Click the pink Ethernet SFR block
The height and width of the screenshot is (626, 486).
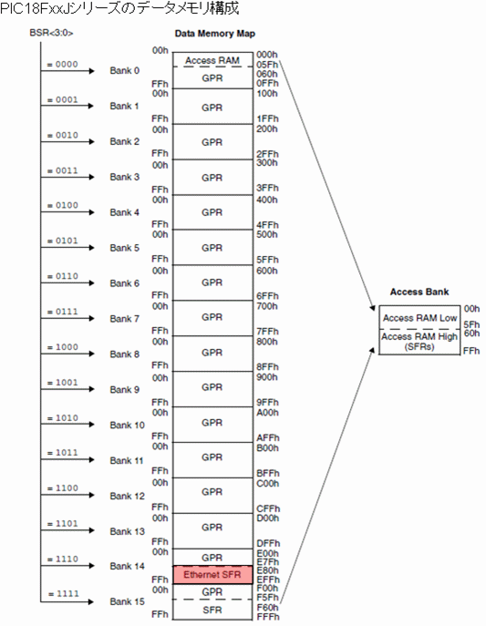212,575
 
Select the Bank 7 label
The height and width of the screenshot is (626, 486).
125,319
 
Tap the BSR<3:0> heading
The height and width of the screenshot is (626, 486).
51,33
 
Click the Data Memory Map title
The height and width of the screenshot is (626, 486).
215,34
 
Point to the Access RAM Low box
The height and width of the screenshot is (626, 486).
419,317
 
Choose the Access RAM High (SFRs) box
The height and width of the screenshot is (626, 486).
419,342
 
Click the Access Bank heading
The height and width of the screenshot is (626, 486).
419,292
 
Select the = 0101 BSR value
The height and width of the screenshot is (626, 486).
63,241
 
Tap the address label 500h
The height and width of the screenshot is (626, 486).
267,234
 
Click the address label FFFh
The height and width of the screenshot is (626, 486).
267,617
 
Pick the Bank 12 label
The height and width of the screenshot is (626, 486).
127,496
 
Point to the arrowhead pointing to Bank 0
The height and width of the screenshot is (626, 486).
92,71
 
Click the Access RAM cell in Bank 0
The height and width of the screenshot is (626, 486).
212,60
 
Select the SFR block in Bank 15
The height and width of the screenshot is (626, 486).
212,610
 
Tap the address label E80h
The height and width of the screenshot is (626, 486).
267,570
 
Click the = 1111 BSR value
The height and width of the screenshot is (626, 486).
63,594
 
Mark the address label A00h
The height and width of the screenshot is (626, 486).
267,413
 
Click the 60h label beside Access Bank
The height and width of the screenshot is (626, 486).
471,333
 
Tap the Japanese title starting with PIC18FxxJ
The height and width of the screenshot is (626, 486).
119,8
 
